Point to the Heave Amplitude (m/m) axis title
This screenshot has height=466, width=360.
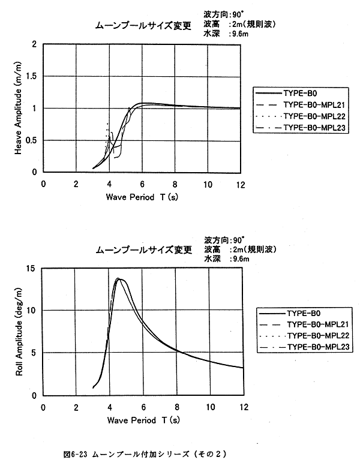pyautogui.click(x=19, y=107)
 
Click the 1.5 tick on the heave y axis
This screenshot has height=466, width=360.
pyautogui.click(x=32, y=77)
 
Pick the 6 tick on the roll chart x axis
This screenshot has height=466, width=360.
pyautogui.click(x=143, y=407)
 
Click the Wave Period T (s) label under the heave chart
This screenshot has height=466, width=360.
pyautogui.click(x=142, y=197)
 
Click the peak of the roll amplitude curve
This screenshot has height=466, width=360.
pyautogui.click(x=119, y=278)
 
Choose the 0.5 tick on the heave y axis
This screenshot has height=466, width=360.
pyautogui.click(x=32, y=140)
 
